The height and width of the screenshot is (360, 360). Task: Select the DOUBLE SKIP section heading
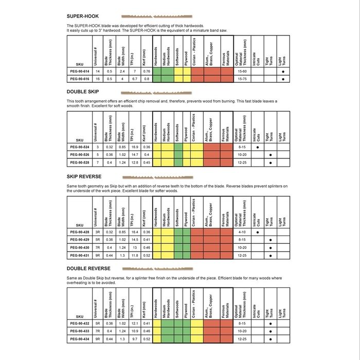coord(83,92)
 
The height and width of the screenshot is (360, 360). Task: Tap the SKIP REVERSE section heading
coord(84,176)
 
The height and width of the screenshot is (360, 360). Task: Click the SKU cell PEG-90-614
coord(79,71)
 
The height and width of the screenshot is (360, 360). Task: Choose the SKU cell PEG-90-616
coord(79,79)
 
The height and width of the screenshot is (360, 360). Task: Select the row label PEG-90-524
coord(79,147)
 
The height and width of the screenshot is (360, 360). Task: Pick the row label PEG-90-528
coord(79,163)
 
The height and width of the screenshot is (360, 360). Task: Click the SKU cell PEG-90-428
coord(79,232)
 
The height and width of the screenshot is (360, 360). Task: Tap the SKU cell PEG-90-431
coord(79,255)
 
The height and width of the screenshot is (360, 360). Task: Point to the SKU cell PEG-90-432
coord(79,323)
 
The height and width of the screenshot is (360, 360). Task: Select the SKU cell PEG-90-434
coord(79,338)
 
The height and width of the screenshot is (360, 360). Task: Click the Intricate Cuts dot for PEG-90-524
coord(257,147)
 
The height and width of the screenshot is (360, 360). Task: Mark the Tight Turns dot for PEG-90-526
coord(271,155)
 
